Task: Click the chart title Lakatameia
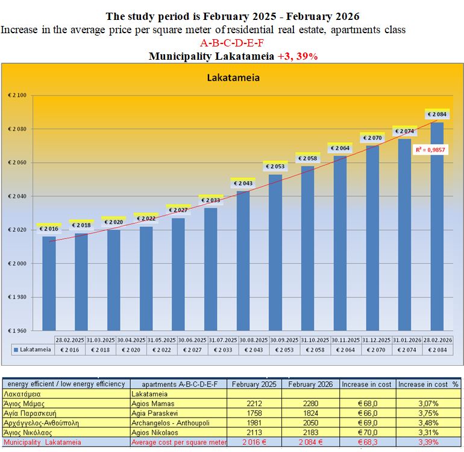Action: [x=233, y=78]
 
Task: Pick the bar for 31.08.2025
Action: [x=243, y=259]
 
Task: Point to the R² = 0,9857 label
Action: [x=431, y=149]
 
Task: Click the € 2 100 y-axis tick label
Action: [x=17, y=95]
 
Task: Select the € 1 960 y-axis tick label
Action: [x=17, y=331]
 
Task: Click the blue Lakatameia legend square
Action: [x=16, y=349]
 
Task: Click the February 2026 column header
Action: [x=312, y=384]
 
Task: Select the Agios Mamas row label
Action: [x=153, y=403]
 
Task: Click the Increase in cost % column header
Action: [x=428, y=384]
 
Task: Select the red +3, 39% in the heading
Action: [x=298, y=56]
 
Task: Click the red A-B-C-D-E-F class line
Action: [x=232, y=43]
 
